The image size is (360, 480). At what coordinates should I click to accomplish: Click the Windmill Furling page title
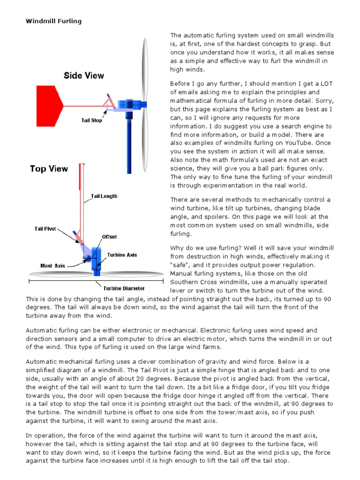click(53, 21)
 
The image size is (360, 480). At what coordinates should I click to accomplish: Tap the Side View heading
click(84, 75)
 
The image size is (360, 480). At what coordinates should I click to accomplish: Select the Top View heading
click(49, 169)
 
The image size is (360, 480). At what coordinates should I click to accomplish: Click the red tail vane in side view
click(46, 106)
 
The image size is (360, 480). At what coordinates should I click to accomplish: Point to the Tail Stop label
click(91, 120)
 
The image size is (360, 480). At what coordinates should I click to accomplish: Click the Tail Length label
click(104, 196)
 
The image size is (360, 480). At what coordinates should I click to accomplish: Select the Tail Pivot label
click(45, 229)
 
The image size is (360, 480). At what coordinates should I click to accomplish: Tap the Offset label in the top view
click(109, 237)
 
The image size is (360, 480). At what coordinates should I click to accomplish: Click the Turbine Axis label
click(122, 255)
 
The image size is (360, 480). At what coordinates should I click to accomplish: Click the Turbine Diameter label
click(124, 288)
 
